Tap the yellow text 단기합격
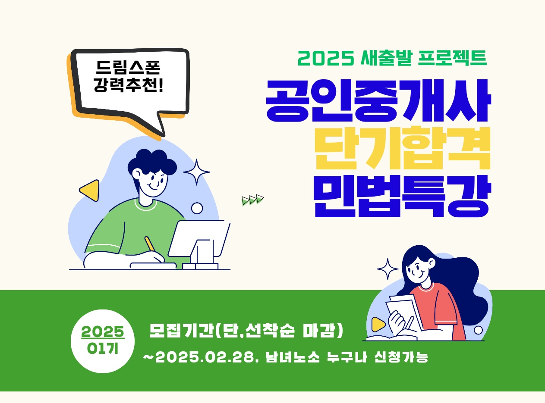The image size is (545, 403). [403, 148]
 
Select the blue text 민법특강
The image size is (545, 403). [403, 196]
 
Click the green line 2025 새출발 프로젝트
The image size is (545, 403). [392, 58]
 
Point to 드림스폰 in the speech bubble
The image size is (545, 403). [128, 67]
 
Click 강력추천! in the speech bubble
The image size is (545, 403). [128, 85]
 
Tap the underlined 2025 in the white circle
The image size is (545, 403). [103, 332]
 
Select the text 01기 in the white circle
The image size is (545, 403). [103, 348]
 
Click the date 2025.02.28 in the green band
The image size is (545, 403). [205, 357]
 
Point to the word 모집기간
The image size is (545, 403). [181, 331]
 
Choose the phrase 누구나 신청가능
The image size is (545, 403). [378, 357]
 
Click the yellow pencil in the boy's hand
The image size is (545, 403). [150, 244]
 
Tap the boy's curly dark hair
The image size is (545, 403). [152, 162]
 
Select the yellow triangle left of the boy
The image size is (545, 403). [90, 191]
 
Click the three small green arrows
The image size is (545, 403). [253, 200]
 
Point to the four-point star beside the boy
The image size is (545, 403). [197, 172]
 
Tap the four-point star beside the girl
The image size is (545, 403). [388, 269]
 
